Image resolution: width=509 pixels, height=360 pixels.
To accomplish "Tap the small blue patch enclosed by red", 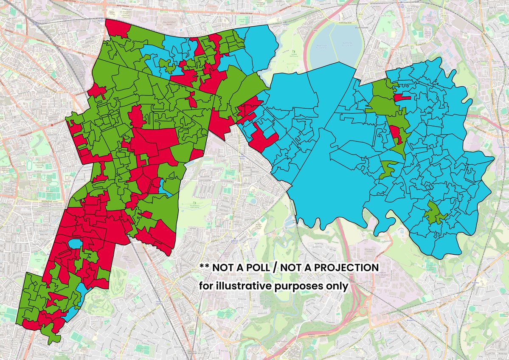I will click(x=75, y=244).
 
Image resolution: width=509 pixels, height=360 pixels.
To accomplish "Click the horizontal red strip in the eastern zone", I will click(x=402, y=97).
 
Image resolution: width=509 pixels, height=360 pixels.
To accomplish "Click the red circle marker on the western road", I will click(x=52, y=125).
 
